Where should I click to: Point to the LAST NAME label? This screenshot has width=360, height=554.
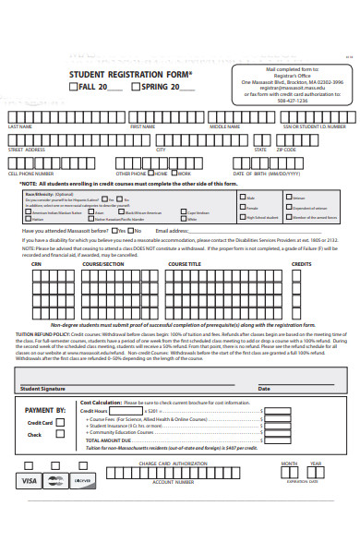click(20, 126)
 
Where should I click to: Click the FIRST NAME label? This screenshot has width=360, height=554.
click(142, 126)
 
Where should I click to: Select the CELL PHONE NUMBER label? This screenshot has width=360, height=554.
click(31, 173)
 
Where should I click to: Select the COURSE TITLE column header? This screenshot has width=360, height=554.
click(185, 264)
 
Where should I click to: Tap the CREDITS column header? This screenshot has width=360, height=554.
click(302, 264)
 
